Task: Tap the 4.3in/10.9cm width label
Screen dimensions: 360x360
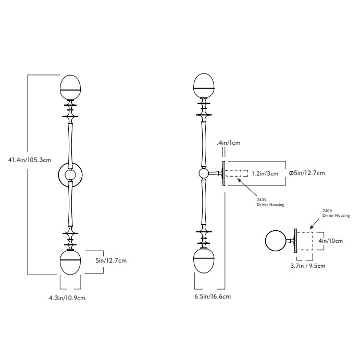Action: (x=67, y=298)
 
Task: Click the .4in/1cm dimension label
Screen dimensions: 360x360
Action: (x=229, y=142)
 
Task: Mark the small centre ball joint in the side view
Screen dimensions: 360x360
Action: (x=204, y=173)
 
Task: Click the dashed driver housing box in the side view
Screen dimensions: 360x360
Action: (x=237, y=173)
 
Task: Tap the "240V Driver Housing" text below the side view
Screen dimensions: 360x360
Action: (x=270, y=202)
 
